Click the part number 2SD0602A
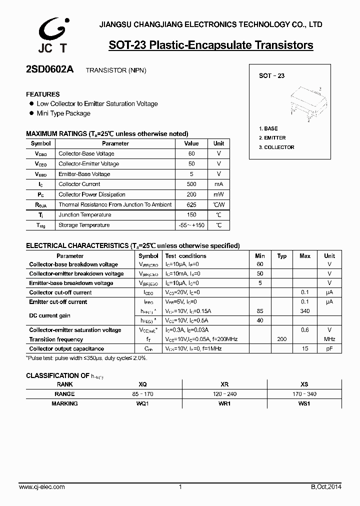point(49,70)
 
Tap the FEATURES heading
point(43,94)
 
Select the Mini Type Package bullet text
point(63,113)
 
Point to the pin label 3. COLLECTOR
point(276,147)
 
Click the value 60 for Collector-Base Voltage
point(191,153)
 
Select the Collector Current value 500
point(191,184)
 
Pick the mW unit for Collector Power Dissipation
point(218,194)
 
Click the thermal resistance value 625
point(191,204)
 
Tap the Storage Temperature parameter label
point(84,225)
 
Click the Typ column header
point(282,256)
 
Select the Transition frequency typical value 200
point(282,339)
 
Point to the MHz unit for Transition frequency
point(329,339)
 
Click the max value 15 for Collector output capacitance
point(304,349)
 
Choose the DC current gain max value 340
point(304,311)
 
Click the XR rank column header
point(224,384)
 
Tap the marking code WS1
point(304,403)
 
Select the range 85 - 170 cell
point(142,394)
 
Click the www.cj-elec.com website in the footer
point(41,487)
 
